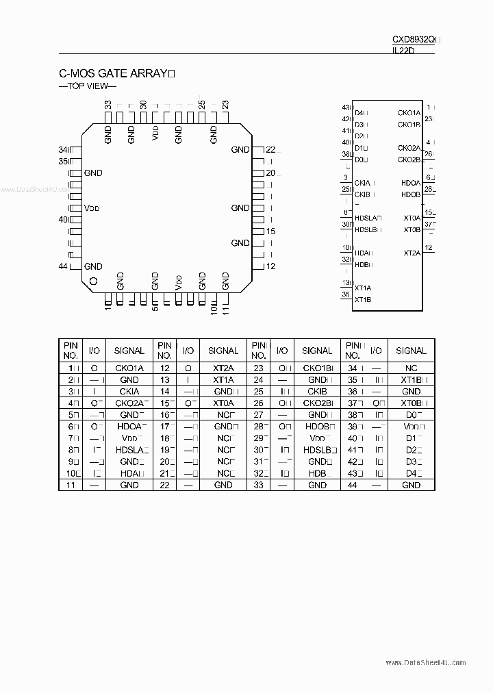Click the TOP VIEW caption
(88, 86)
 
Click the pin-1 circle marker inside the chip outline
(94, 281)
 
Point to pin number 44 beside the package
(63, 266)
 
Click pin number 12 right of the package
(271, 266)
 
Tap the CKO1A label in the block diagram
(409, 113)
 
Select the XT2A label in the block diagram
(412, 253)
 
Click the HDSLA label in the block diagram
(366, 218)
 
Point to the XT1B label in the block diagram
(363, 299)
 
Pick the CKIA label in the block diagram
(363, 183)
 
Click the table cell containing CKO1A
(129, 368)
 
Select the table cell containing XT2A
(223, 368)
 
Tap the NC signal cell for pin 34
(411, 368)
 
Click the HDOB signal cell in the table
(318, 426)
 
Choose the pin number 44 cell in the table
(353, 485)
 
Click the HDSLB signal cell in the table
(318, 449)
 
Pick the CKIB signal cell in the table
(318, 392)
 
